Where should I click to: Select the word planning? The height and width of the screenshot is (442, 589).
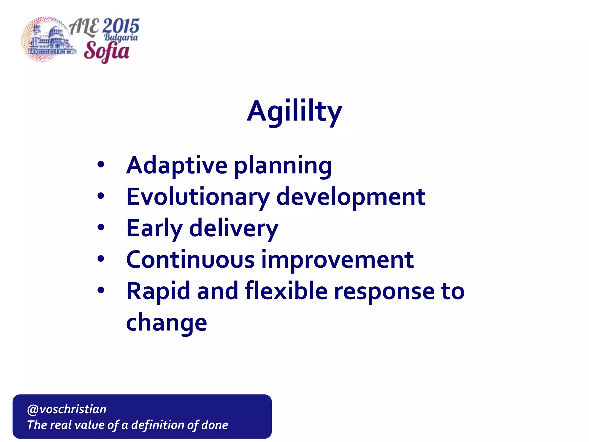click(283, 167)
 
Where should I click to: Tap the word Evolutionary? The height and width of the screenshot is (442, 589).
click(198, 197)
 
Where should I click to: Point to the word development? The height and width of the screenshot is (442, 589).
click(351, 197)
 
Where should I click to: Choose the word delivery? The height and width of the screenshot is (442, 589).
click(234, 229)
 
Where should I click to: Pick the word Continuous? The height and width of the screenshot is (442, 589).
click(190, 260)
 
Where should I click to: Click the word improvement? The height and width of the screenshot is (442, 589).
click(337, 260)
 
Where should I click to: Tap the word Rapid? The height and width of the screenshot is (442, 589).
click(158, 292)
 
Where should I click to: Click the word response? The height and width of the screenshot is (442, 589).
click(385, 293)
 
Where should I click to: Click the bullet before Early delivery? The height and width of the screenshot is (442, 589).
click(101, 228)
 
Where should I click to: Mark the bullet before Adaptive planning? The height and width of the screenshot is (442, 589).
click(101, 165)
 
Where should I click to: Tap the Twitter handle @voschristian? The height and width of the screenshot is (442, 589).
click(67, 409)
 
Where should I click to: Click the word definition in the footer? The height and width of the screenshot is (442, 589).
click(156, 425)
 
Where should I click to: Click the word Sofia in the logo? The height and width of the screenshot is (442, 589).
click(106, 51)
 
